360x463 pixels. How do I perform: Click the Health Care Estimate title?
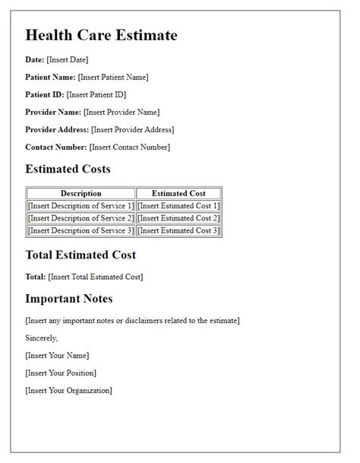click(101, 35)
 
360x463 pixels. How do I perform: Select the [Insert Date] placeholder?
click(68, 59)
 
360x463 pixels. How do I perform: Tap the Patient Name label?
click(50, 77)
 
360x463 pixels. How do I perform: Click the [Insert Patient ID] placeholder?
click(96, 94)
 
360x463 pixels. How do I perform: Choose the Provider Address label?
click(57, 129)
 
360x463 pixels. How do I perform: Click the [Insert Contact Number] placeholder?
click(130, 147)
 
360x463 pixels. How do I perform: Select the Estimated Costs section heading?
click(68, 169)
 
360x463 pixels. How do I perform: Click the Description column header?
click(81, 194)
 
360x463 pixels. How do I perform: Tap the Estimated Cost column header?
click(178, 194)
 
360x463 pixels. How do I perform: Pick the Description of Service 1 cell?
click(81, 206)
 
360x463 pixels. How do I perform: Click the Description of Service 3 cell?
click(81, 230)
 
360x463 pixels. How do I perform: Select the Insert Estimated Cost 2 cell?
click(178, 218)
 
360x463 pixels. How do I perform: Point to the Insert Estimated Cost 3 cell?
click(178, 230)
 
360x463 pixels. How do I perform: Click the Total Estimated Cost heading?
click(81, 255)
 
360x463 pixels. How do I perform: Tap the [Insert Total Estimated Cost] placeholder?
click(95, 277)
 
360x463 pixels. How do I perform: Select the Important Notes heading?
click(69, 298)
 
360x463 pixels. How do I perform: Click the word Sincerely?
click(41, 338)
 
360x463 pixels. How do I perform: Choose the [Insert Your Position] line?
click(61, 373)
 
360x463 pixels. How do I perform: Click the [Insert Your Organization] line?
click(68, 390)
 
